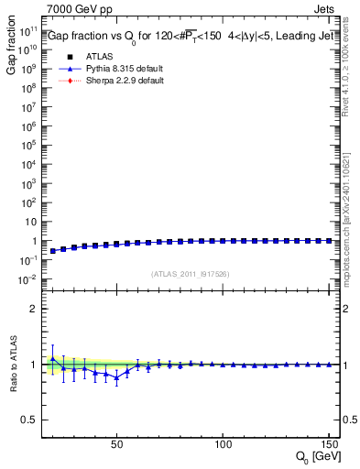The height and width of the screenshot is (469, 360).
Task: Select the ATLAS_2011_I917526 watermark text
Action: coord(191,273)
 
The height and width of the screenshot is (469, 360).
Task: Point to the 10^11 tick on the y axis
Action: coord(28,30)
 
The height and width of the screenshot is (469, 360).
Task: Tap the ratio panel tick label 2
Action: coord(33,309)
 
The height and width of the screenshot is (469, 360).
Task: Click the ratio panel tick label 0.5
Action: coord(29,420)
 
